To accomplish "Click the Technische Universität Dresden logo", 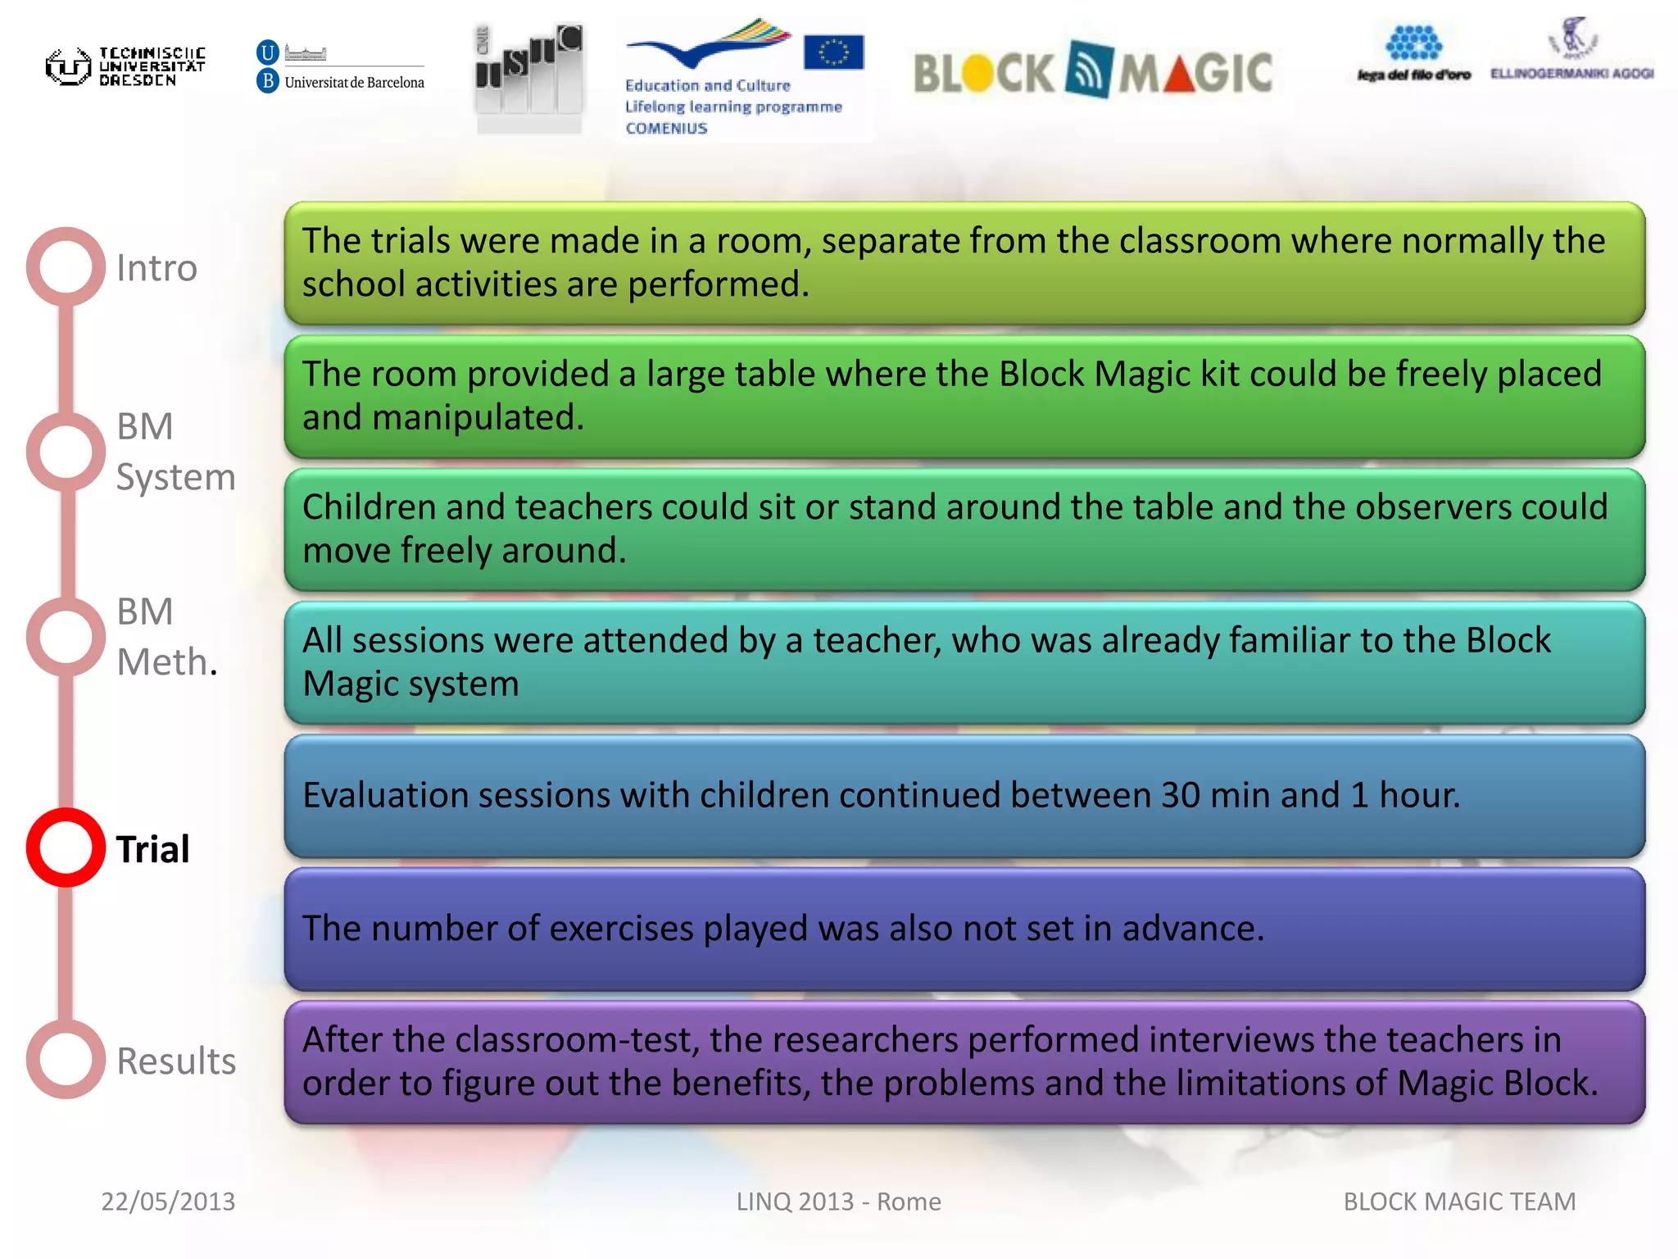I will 125,66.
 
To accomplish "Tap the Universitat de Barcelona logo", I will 341,67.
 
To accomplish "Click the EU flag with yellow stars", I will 833,52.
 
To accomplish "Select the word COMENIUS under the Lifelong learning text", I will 666,129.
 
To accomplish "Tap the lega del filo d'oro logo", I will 1414,54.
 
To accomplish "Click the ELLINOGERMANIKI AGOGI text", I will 1571,74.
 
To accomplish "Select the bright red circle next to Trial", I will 66,847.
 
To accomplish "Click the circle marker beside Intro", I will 66,266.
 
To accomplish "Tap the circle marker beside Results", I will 66,1059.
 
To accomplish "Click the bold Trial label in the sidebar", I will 152,849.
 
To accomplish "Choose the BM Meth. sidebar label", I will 166,637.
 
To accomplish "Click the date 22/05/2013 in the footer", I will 168,1202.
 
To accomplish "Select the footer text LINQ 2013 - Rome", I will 838,1202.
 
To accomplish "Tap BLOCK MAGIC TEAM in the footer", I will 1459,1202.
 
